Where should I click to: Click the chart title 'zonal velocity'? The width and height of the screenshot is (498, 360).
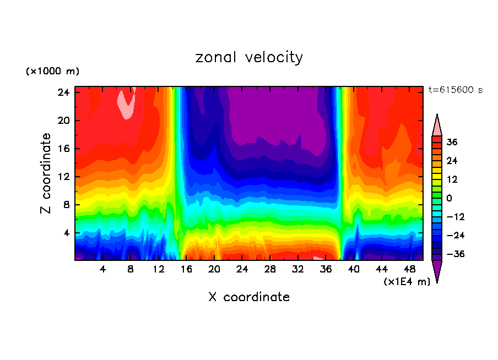point(249,57)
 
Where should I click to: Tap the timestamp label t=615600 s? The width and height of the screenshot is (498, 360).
point(456,90)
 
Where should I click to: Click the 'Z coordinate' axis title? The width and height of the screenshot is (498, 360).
point(46,173)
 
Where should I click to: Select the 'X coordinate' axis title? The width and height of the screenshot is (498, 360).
point(249,297)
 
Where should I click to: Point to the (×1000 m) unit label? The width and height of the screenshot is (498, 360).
point(52,72)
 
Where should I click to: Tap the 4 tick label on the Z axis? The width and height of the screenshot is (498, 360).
point(68,233)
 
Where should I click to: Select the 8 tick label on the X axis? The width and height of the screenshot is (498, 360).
point(131,270)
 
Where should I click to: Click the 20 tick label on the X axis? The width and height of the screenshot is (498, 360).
point(214,270)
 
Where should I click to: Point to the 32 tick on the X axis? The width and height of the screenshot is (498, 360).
point(298,270)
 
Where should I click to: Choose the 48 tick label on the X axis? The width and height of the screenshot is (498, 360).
point(409,270)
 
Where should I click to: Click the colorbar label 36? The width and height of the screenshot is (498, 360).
point(452,142)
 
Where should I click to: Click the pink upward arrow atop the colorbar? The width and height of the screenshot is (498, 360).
point(437,125)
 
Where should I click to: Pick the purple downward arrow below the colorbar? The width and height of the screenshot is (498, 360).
point(437,271)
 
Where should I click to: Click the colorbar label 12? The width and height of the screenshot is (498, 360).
point(452,179)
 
